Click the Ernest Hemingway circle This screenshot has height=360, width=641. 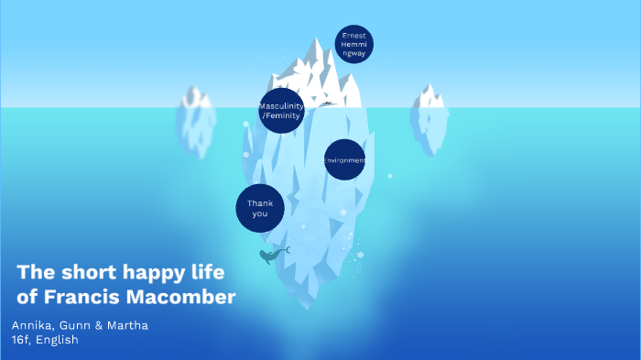(x=353, y=45)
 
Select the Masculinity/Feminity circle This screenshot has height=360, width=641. (x=281, y=111)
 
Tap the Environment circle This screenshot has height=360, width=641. (x=344, y=160)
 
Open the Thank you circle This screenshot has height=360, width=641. (x=259, y=208)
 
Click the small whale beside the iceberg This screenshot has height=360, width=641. (x=270, y=256)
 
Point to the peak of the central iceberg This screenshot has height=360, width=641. (x=318, y=41)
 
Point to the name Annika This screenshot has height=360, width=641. (x=31, y=325)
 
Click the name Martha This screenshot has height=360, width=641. (x=128, y=325)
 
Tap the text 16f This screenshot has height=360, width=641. (x=21, y=340)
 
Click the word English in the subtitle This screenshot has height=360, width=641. (x=58, y=340)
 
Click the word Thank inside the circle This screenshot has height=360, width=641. (x=260, y=202)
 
